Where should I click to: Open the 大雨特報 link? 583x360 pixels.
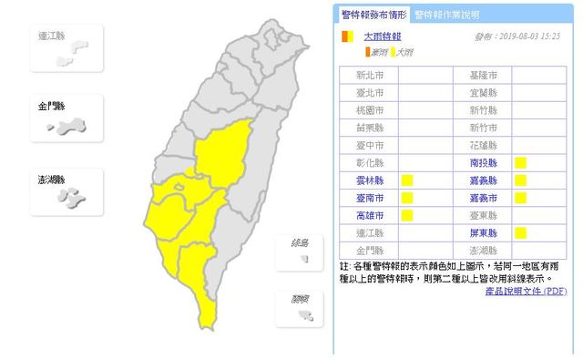click(x=382, y=37)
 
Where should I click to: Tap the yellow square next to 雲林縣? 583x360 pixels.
click(x=407, y=180)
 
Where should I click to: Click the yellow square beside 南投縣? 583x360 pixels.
click(x=521, y=163)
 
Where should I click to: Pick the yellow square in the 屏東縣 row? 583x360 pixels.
click(x=521, y=232)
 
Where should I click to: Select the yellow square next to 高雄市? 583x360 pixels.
click(x=407, y=215)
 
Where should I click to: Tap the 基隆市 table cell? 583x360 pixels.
click(x=483, y=76)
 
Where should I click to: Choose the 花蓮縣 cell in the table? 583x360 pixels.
click(x=483, y=146)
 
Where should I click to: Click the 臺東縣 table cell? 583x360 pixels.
click(x=483, y=215)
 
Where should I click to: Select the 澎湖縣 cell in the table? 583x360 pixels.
click(x=483, y=250)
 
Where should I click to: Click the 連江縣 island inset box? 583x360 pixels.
click(x=66, y=47)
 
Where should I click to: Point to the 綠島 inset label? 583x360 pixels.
click(x=298, y=242)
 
